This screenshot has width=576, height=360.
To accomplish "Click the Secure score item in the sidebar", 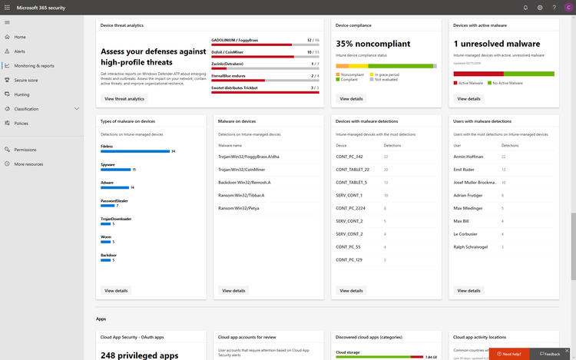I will coord(25,80).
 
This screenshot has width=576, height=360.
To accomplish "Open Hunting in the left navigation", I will coord(22,94).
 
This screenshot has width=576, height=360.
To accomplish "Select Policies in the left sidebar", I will coord(21,123).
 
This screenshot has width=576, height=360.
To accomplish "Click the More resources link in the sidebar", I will coord(28,163).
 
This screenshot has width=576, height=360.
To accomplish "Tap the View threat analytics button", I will coord(124,99).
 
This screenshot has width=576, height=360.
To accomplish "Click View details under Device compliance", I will coord(351,99).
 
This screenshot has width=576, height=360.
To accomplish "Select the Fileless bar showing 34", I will coord(134,151).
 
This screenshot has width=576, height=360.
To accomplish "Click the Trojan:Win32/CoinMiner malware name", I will coord(243,169).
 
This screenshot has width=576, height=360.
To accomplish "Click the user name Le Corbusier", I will coord(466,234).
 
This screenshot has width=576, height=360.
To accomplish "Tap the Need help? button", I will coord(512,354).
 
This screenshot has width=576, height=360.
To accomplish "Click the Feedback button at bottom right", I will coord(550,354).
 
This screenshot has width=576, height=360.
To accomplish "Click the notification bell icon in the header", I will coord(525,8).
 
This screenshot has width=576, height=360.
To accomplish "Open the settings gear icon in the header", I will coord(540,8).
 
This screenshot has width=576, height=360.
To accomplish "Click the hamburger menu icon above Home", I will coord(7,22).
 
